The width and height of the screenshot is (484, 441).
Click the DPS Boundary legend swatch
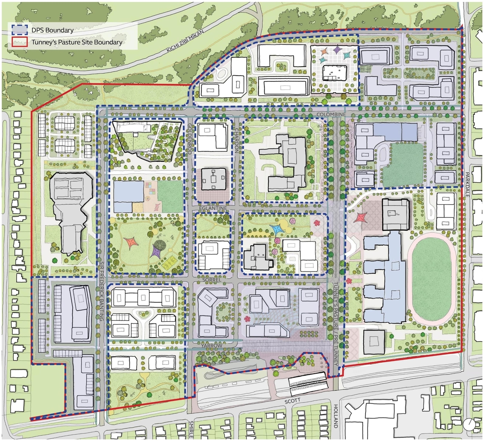pos(19,30)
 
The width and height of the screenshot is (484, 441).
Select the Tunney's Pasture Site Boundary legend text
pos(77,42)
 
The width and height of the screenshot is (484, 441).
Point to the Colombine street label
pos(331,114)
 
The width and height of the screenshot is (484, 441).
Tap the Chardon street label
pos(237,140)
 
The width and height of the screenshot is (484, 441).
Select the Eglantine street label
pos(214,208)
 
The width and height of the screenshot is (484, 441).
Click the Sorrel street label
pos(211,280)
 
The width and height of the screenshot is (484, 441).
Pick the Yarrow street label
pos(212,346)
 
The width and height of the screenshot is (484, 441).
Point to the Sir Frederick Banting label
pos(101,291)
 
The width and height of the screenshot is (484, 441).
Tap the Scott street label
pos(292,401)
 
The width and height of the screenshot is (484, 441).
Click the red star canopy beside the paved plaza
pos(361,217)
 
